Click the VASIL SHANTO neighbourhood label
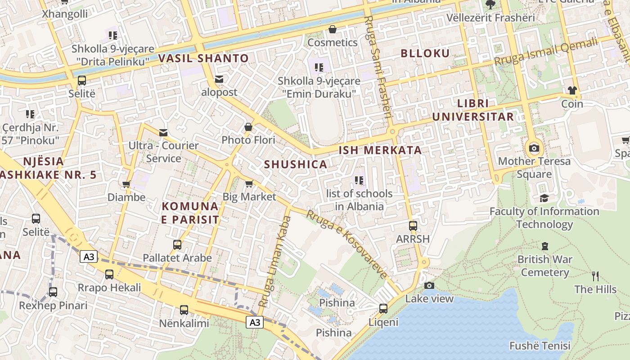pos(203,58)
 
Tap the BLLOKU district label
pos(425,54)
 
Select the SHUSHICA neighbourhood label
pos(296,164)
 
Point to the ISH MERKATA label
pos(380,150)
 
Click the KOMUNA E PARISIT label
pos(190,213)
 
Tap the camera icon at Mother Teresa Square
pos(534,148)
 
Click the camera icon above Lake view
pos(429,285)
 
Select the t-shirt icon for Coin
pos(572,90)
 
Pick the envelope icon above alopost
pos(219,79)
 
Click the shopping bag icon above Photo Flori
pos(248,127)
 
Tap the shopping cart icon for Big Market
pos(249,184)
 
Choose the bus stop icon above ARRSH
pos(413,226)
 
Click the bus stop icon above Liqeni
pos(383,309)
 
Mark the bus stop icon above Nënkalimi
pos(184,310)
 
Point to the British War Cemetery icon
pos(545,246)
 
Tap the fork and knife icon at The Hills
pos(595,276)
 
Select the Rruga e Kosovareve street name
pos(346,243)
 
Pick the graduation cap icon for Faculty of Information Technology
pos(544,198)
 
